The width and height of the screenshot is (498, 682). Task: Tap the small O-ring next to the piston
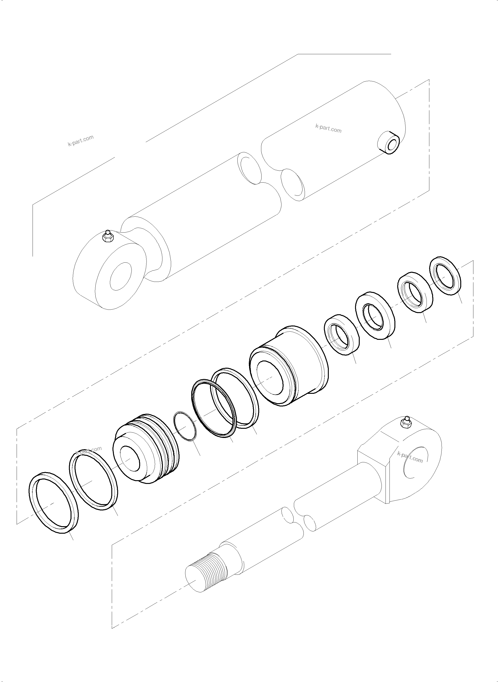click(x=185, y=426)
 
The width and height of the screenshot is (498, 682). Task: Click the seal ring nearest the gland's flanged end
click(x=341, y=334)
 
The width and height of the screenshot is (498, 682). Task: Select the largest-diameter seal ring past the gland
click(x=375, y=315)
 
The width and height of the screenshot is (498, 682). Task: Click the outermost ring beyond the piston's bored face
click(x=54, y=503)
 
